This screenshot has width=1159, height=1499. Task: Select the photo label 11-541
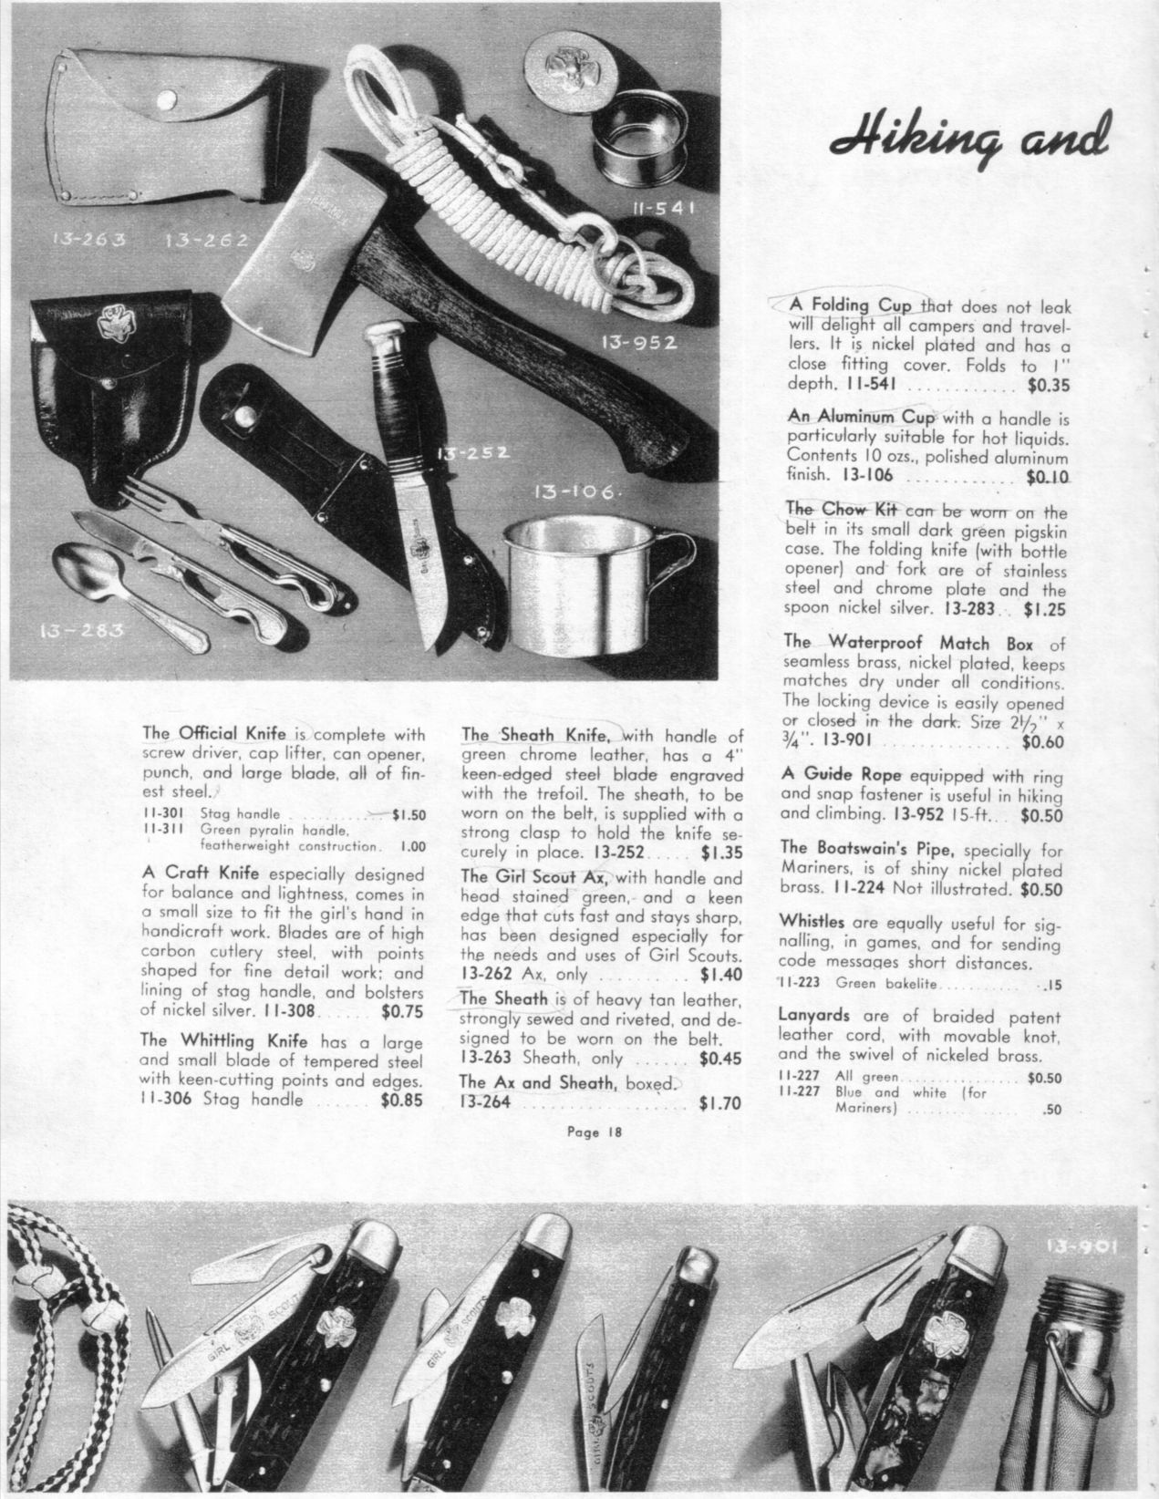point(664,209)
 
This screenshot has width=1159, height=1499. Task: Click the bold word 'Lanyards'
point(814,1014)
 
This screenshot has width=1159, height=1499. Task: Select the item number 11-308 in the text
point(289,1010)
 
